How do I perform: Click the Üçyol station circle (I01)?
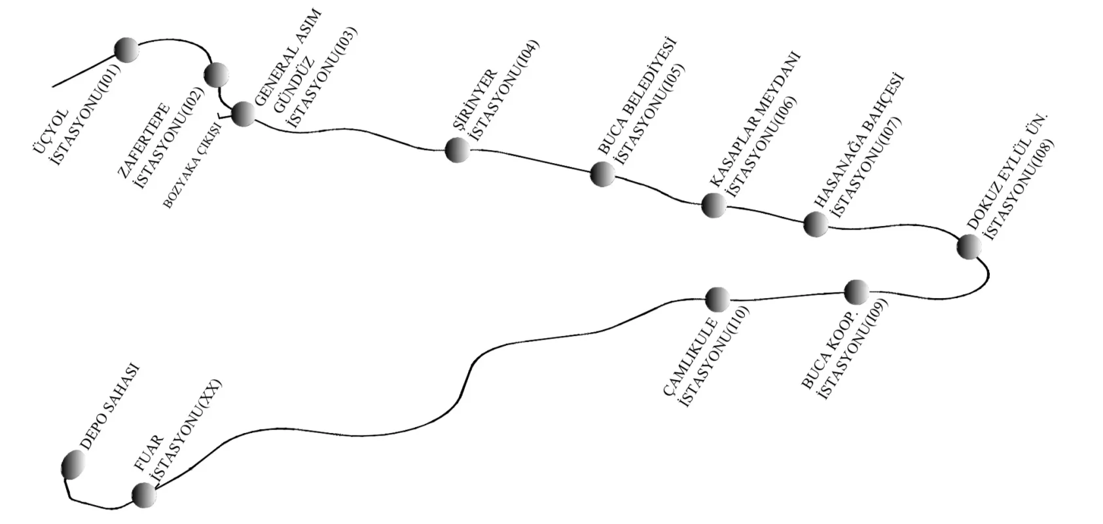[x=126, y=50]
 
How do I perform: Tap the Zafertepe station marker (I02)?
[x=215, y=75]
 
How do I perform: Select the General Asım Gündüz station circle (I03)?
[x=244, y=114]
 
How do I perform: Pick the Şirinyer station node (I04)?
[x=457, y=150]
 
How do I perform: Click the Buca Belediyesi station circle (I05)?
[x=602, y=174]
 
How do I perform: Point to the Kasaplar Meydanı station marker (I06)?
[x=714, y=205]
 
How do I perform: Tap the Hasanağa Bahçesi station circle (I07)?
[x=816, y=224]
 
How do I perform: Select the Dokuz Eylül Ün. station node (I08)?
[x=969, y=247]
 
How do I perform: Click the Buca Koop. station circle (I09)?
[x=856, y=292]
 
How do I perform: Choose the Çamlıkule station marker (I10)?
[x=717, y=299]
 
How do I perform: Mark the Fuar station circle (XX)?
[x=144, y=495]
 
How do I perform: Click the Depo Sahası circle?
[x=73, y=464]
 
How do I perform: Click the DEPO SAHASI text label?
[x=109, y=407]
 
